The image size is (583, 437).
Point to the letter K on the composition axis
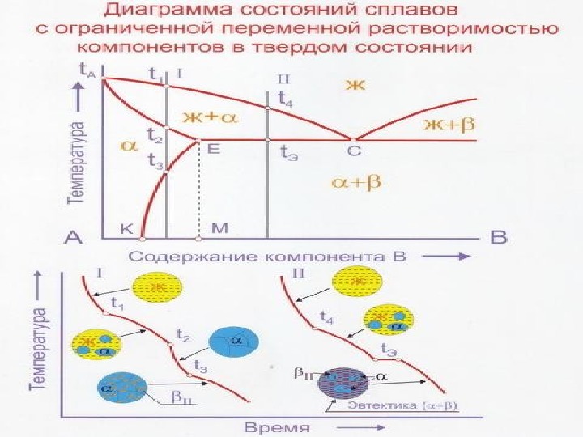(126, 229)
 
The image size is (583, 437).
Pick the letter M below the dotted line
(219, 229)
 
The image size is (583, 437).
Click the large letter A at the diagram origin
(74, 237)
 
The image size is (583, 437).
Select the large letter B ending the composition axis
(499, 237)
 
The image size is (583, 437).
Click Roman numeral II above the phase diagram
(283, 78)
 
